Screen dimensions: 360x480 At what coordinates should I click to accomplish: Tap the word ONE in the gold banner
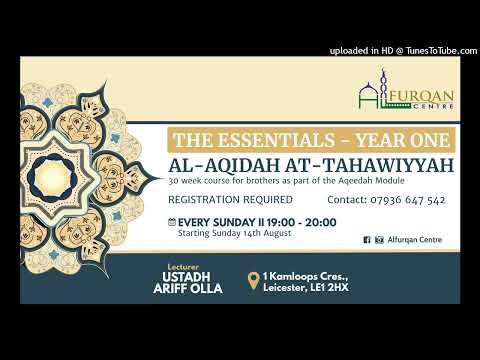coord(430,141)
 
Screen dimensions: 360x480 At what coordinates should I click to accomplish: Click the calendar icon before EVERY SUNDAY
coord(172,221)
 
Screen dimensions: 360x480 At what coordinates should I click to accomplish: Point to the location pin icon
coord(255,281)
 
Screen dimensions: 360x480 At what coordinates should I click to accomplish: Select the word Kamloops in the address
coord(311,275)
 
